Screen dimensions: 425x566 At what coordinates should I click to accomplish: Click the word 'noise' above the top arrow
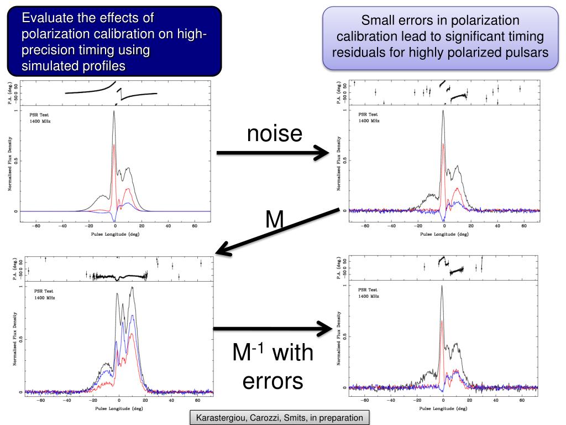pos(275,133)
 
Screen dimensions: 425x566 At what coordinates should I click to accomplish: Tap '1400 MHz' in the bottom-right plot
pos(369,297)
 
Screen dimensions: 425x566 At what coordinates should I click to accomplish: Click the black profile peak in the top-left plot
pos(114,111)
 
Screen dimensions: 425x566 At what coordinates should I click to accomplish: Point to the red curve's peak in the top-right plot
pos(444,144)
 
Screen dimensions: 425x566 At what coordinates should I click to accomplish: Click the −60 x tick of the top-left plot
pos(35,226)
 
